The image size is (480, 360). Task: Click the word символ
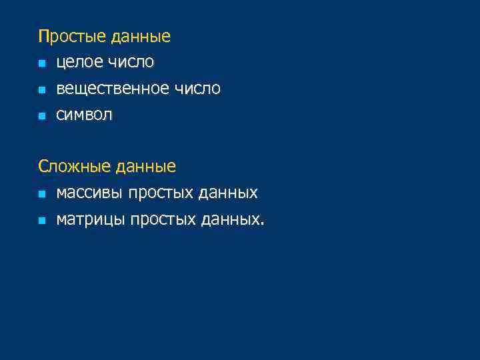pyautogui.click(x=85, y=115)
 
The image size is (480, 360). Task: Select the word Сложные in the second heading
pyautogui.click(x=75, y=166)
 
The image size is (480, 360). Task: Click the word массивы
pyautogui.click(x=90, y=193)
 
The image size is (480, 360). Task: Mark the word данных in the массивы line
pyautogui.click(x=228, y=193)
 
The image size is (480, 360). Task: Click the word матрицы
pyautogui.click(x=91, y=219)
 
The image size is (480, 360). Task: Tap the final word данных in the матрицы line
pyautogui.click(x=230, y=219)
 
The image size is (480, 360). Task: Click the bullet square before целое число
pyautogui.click(x=41, y=63)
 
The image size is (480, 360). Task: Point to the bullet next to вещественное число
pyautogui.click(x=41, y=90)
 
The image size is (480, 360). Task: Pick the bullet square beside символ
pyautogui.click(x=41, y=116)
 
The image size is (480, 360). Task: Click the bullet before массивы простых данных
pyautogui.click(x=41, y=194)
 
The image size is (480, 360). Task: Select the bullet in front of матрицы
pyautogui.click(x=41, y=220)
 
